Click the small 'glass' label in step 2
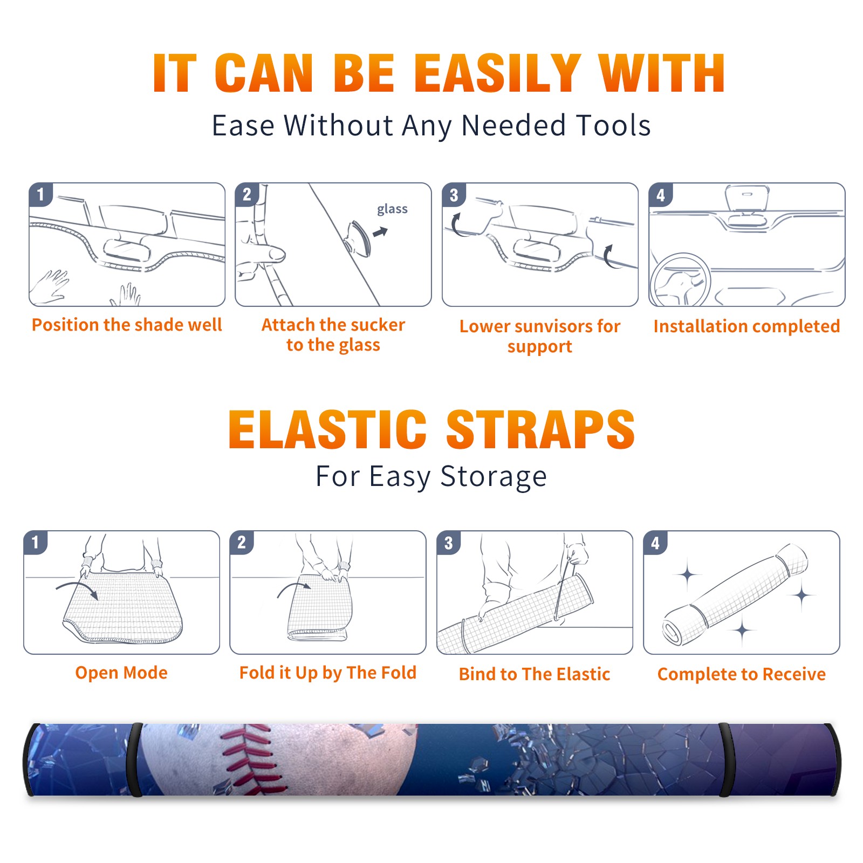[x=392, y=209]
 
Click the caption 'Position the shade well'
[x=127, y=325]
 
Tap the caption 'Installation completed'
[x=746, y=326]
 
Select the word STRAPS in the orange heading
[x=540, y=429]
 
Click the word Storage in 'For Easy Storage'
[x=494, y=477]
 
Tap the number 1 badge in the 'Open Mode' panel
[x=36, y=542]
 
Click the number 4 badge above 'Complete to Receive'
[x=655, y=543]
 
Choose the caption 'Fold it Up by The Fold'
[x=328, y=673]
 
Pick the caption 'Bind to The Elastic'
[x=535, y=674]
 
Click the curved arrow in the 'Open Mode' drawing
[x=77, y=586]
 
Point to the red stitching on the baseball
[x=250, y=758]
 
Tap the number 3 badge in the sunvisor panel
[x=454, y=195]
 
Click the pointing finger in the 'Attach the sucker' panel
[x=264, y=254]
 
